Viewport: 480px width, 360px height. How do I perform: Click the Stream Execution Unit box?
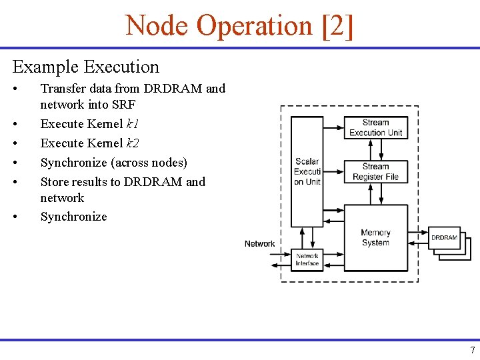click(x=375, y=127)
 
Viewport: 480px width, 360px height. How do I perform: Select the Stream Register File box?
click(x=375, y=171)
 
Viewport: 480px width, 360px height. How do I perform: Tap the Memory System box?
click(x=375, y=237)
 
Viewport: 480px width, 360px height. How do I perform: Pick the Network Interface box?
click(x=307, y=259)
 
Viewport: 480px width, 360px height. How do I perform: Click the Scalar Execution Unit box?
click(x=307, y=171)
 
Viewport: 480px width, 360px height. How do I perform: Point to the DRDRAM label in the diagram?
click(x=444, y=237)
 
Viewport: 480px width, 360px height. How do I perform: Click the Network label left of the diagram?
click(x=259, y=244)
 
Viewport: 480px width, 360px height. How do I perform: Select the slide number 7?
click(x=472, y=351)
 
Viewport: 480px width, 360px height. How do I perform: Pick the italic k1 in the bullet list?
click(x=132, y=124)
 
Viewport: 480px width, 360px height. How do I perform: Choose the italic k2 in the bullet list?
click(x=133, y=143)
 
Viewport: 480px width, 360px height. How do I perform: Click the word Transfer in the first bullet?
click(x=62, y=89)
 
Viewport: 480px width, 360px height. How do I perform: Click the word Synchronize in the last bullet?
click(x=73, y=217)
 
